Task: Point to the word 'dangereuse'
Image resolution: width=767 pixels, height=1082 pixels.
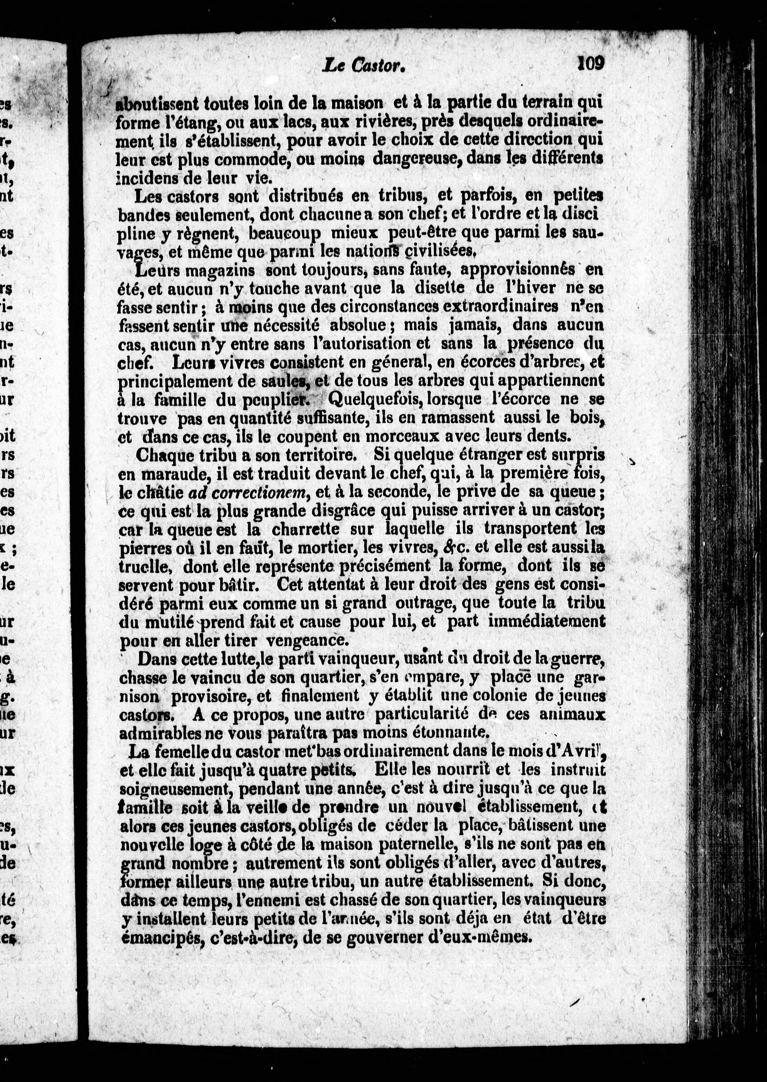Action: [417, 159]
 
